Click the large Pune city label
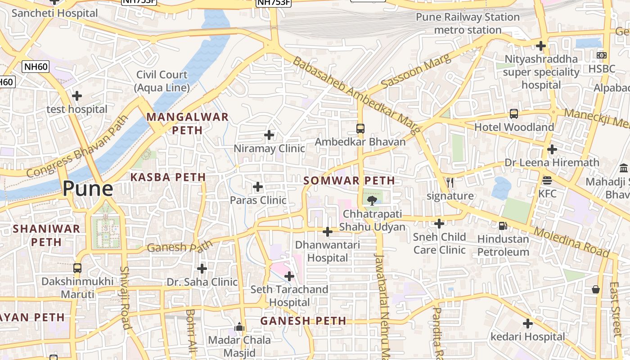(87, 188)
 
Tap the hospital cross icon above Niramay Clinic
(269, 135)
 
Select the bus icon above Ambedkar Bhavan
(360, 128)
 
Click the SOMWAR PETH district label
(349, 181)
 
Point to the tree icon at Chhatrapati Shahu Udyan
(372, 200)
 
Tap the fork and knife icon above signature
(450, 182)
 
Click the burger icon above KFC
(547, 180)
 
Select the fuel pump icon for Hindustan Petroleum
(503, 225)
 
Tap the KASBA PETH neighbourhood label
(168, 177)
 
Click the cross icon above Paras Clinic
(258, 186)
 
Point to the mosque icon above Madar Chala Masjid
(239, 326)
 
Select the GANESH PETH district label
(303, 321)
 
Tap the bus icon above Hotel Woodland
(514, 114)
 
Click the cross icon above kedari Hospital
(528, 323)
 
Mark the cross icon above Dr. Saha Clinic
(202, 269)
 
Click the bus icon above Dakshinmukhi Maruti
(77, 268)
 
